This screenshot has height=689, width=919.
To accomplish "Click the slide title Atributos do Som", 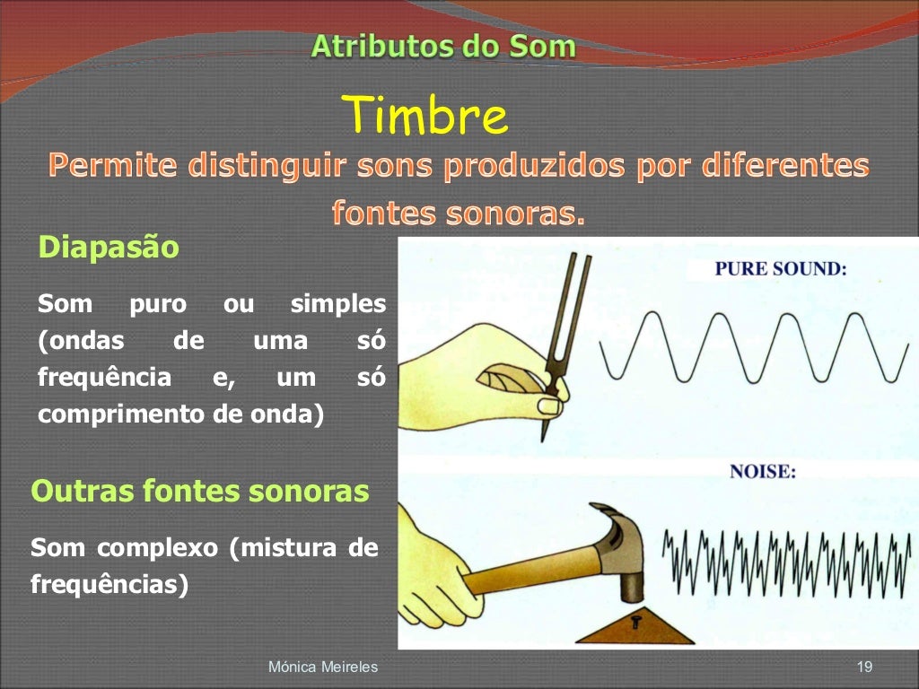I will [x=443, y=47].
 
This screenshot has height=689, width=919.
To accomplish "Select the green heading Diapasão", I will [x=108, y=247].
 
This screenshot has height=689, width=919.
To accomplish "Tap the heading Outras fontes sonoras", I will [x=199, y=492].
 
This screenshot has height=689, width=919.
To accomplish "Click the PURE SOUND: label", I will [x=780, y=268].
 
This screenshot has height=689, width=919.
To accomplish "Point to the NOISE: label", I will [x=762, y=472].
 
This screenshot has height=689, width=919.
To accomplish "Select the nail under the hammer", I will [x=636, y=618].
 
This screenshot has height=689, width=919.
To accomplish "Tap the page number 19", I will [x=864, y=667].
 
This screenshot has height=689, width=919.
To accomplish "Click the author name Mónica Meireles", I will [x=323, y=667].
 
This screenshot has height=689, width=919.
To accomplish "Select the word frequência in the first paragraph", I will [x=104, y=378].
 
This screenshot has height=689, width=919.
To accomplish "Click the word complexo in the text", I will [x=157, y=548].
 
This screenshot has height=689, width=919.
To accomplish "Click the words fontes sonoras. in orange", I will [x=458, y=213].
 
